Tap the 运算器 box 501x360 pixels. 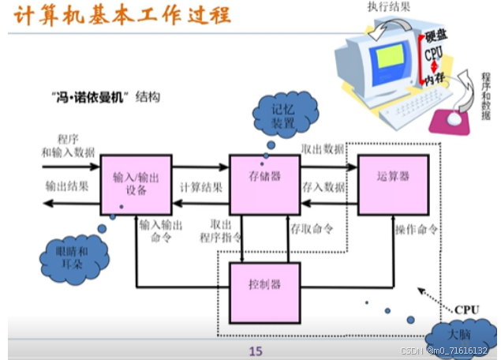pos(393,178)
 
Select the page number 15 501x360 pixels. pos(254,351)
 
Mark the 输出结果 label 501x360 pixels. pos(66,186)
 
